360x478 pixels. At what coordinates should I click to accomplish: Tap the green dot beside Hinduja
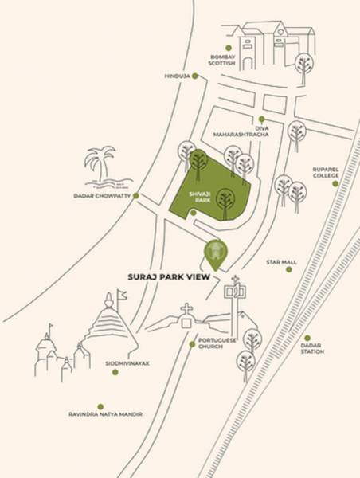[x=195, y=76]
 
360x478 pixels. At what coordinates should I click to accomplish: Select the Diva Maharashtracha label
[x=241, y=131]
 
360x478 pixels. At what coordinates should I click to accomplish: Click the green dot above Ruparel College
[x=335, y=184]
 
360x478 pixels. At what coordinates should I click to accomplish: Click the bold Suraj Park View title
[x=169, y=277]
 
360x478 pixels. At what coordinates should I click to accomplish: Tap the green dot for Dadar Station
[x=307, y=338]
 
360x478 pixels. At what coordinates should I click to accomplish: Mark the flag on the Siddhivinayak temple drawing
[x=122, y=295]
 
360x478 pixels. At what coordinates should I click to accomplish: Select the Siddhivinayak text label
[x=127, y=363]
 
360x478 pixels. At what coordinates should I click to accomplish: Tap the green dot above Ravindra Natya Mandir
[x=100, y=406]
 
